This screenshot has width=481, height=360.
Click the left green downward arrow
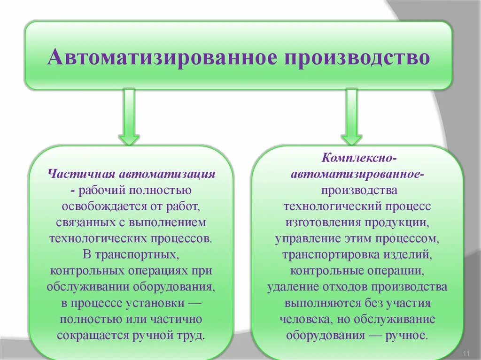(x=128, y=117)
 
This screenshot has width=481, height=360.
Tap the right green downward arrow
(x=351, y=117)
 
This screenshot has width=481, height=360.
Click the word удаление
(x=293, y=287)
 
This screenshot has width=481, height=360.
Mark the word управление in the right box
(x=308, y=238)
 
